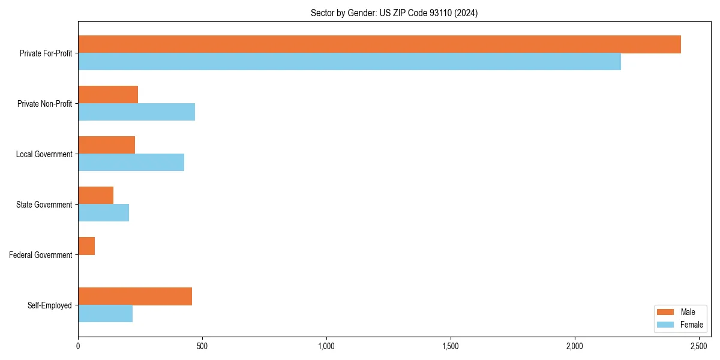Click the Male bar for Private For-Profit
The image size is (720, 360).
pyautogui.click(x=379, y=44)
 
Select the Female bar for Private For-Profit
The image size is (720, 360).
pyautogui.click(x=349, y=62)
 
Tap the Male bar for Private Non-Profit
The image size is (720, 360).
pyautogui.click(x=108, y=95)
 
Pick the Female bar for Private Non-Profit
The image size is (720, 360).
pyautogui.click(x=136, y=112)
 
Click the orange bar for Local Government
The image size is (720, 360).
pyautogui.click(x=106, y=145)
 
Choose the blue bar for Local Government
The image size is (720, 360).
pyautogui.click(x=131, y=163)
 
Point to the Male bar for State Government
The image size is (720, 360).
pyautogui.click(x=95, y=196)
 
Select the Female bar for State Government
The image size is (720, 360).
pyautogui.click(x=103, y=213)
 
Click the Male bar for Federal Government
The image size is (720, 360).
pyautogui.click(x=86, y=246)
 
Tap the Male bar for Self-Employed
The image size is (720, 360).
pyautogui.click(x=135, y=296)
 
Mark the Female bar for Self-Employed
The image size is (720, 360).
pyautogui.click(x=105, y=314)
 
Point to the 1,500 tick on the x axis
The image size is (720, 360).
pyautogui.click(x=451, y=346)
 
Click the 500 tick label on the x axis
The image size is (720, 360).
pyautogui.click(x=202, y=346)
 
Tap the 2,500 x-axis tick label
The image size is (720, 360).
pyautogui.click(x=699, y=346)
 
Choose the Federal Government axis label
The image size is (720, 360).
pyautogui.click(x=41, y=255)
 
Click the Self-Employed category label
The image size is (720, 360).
pyautogui.click(x=50, y=305)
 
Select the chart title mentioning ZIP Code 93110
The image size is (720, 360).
pyautogui.click(x=394, y=13)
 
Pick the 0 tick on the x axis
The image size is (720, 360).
pyautogui.click(x=78, y=346)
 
